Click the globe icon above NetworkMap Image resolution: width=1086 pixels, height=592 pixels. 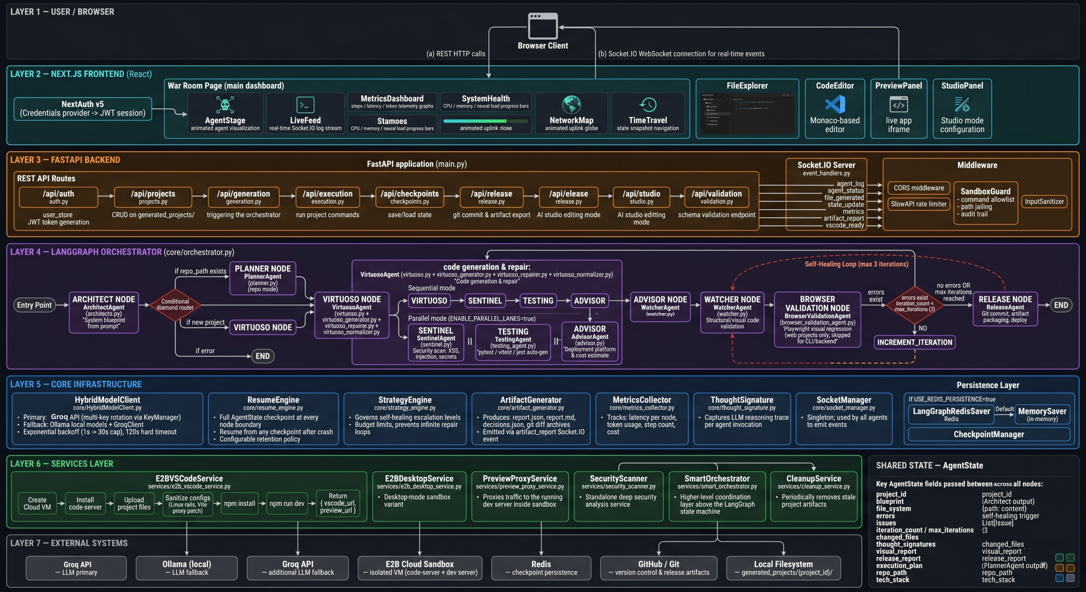tap(571, 104)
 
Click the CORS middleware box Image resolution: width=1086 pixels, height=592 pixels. tap(919, 188)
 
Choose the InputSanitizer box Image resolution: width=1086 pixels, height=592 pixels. tap(1044, 201)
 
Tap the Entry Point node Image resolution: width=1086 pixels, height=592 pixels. tap(34, 305)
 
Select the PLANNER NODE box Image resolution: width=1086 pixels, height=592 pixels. tap(263, 278)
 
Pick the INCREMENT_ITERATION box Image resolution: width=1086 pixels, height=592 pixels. tap(914, 342)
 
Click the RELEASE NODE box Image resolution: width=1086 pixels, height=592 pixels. tap(1005, 309)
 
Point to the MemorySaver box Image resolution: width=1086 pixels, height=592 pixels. tap(1042, 414)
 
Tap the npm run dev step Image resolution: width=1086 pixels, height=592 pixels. tap(287, 503)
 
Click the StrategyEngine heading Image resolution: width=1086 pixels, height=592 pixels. tap(405, 400)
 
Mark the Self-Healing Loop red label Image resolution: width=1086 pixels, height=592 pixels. tap(856, 264)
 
